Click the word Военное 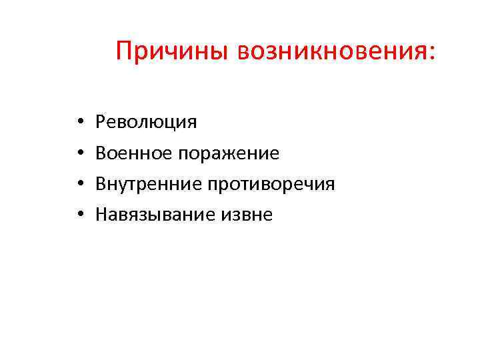click(x=133, y=153)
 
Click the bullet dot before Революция click(x=79, y=123)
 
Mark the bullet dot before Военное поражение click(x=79, y=153)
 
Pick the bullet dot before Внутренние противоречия click(x=79, y=184)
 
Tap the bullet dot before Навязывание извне click(x=79, y=215)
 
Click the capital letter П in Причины click(x=124, y=51)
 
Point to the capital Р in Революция click(x=101, y=122)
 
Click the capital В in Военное click(x=101, y=153)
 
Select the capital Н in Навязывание click(x=102, y=214)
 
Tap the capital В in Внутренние click(x=101, y=183)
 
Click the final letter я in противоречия click(x=330, y=185)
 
